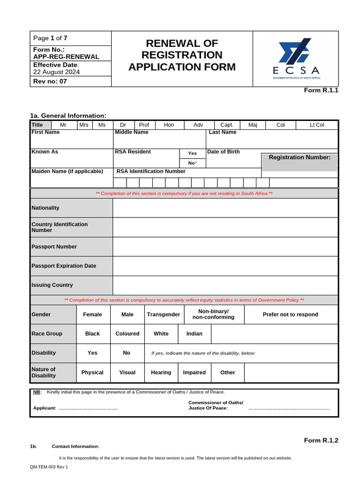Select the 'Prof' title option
[x=144, y=125]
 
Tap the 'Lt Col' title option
[x=317, y=125]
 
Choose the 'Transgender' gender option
[x=163, y=315]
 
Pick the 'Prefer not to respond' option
[x=290, y=315]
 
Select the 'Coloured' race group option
[x=127, y=334]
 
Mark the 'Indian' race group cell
[x=195, y=334]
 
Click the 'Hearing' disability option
[x=161, y=373]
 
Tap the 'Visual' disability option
[x=127, y=373]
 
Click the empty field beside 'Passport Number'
[x=225, y=247]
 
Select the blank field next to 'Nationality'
[x=225, y=208]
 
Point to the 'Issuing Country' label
[x=52, y=285]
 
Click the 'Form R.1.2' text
[x=321, y=440]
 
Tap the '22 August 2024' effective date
[x=56, y=72]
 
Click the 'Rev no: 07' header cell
[x=50, y=82]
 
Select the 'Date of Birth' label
[x=224, y=152]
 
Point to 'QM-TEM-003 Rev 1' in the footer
[x=49, y=467]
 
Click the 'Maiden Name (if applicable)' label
[x=67, y=172]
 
